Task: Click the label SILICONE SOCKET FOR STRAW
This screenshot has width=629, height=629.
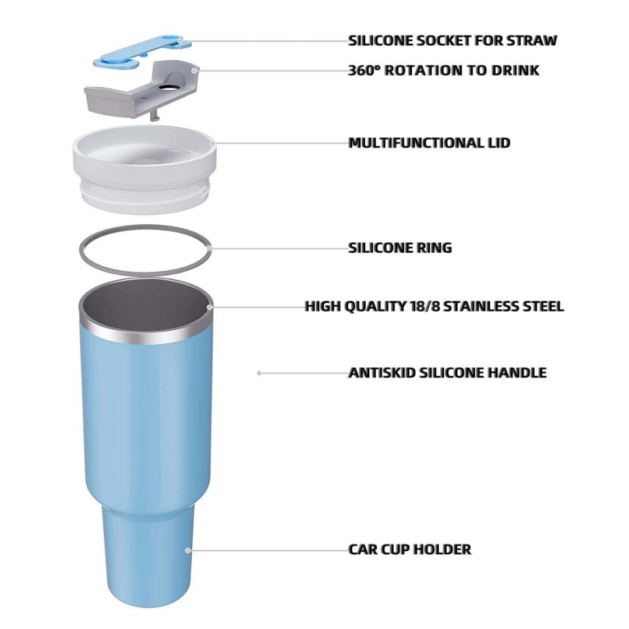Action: tap(452, 41)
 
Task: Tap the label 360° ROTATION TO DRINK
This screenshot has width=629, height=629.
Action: tap(443, 70)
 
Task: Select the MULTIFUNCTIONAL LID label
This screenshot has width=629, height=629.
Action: tap(429, 143)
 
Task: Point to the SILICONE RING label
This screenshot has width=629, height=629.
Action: tap(400, 248)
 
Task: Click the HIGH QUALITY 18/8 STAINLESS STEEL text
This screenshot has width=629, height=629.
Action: tap(434, 306)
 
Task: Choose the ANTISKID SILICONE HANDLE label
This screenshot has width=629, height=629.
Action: tap(447, 373)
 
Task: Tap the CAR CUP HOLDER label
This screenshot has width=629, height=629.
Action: tap(409, 549)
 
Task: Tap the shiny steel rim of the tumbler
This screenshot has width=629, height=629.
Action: tap(146, 337)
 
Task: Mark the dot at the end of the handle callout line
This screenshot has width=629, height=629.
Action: tap(259, 373)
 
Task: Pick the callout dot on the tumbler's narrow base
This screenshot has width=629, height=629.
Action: tap(188, 549)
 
